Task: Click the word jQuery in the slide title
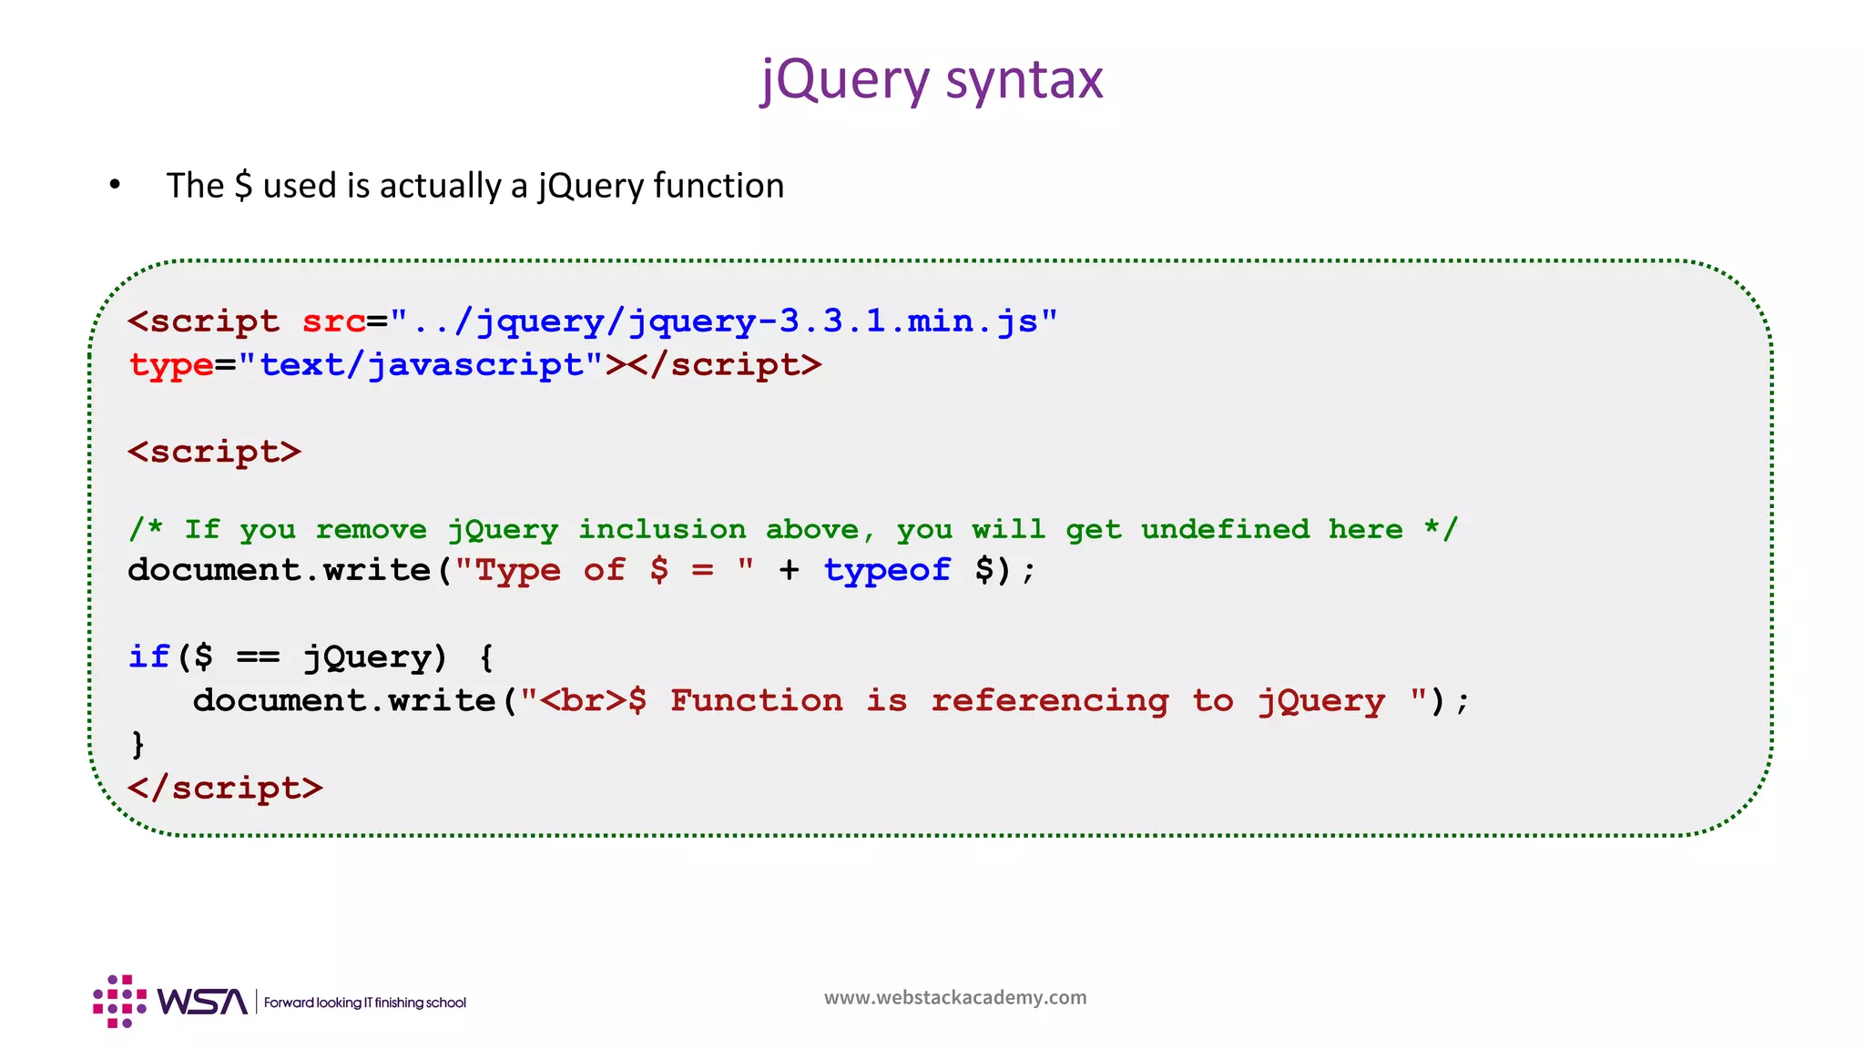pyautogui.click(x=845, y=80)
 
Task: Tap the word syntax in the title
pyautogui.click(x=1024, y=80)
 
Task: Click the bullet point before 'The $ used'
pyautogui.click(x=115, y=186)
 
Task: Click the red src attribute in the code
pyautogui.click(x=333, y=321)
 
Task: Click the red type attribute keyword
pyautogui.click(x=170, y=366)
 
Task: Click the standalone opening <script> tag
pyautogui.click(x=214, y=453)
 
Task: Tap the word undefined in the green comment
pyautogui.click(x=1225, y=529)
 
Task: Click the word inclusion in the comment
pyautogui.click(x=662, y=529)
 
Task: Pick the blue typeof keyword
pyautogui.click(x=887, y=571)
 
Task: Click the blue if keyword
pyautogui.click(x=148, y=657)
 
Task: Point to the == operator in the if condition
pyautogui.click(x=258, y=657)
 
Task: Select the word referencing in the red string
pyautogui.click(x=1049, y=700)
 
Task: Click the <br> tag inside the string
pyautogui.click(x=583, y=700)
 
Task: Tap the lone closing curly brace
pyautogui.click(x=138, y=744)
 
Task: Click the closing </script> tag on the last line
pyautogui.click(x=225, y=788)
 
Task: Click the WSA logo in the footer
pyautogui.click(x=171, y=1002)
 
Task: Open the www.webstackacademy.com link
pyautogui.click(x=955, y=998)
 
